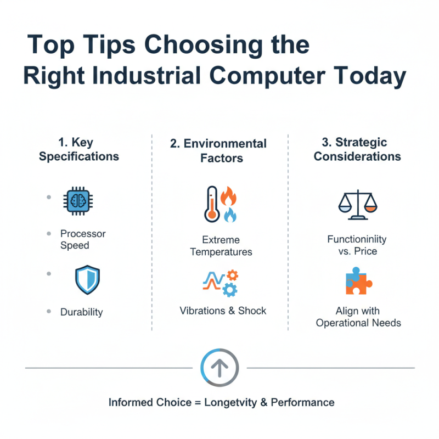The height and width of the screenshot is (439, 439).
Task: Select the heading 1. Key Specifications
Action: [78, 149]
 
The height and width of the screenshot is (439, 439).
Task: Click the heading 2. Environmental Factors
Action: [218, 151]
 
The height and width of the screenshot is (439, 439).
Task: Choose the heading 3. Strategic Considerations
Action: [357, 149]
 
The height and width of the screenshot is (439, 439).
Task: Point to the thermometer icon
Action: [211, 204]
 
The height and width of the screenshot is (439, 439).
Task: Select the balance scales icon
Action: [357, 205]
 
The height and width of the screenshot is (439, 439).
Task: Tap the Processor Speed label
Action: [83, 239]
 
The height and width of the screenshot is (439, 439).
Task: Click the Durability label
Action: [81, 312]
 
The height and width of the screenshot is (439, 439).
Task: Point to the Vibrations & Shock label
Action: [223, 311]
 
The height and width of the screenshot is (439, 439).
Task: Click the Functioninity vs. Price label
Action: [357, 245]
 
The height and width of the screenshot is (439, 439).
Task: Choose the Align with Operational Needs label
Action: [358, 317]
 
